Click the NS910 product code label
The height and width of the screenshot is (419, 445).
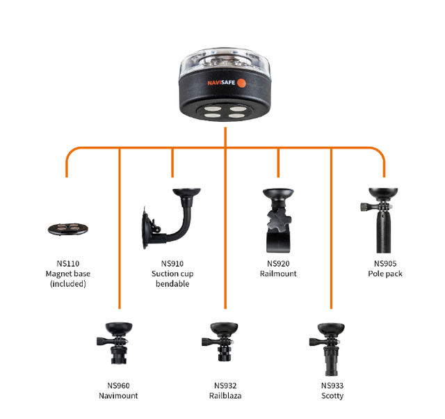pos(172,264)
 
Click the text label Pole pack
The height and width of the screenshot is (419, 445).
pos(385,274)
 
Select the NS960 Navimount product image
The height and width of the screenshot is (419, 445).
pos(119,342)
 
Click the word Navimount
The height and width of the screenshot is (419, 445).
pos(118,396)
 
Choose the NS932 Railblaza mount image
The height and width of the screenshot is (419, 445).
pos(225,342)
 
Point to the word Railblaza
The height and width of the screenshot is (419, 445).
pos(225,396)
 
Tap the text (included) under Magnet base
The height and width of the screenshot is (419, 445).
pos(67,284)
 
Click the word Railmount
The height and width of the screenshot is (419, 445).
pos(278,274)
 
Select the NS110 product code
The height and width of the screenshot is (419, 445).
pos(67,264)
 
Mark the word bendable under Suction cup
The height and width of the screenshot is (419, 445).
pos(172,284)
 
